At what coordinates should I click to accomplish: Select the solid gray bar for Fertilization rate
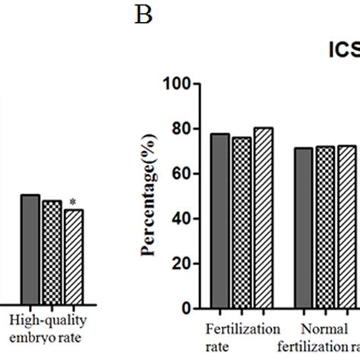(220, 221)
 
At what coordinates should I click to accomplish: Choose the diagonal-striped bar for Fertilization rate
(263, 218)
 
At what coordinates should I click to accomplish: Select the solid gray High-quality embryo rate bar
(30, 250)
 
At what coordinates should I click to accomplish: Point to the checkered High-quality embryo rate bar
(52, 253)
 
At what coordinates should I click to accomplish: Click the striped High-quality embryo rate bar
(73, 257)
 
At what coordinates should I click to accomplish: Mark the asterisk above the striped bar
(73, 202)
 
